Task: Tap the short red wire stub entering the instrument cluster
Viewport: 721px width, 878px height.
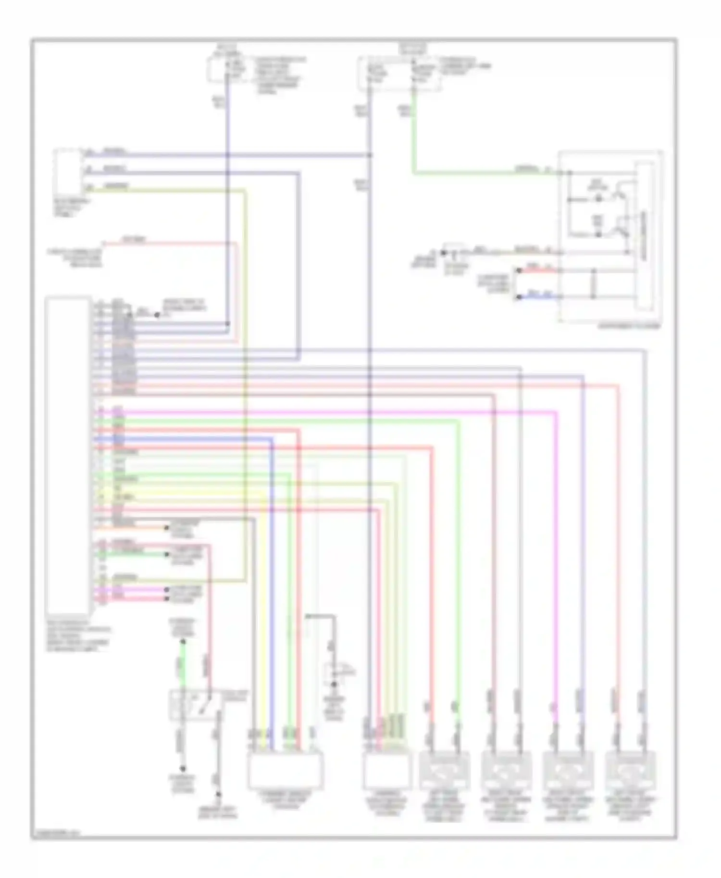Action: point(538,270)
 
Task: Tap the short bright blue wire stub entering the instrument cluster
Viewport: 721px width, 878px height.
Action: point(538,296)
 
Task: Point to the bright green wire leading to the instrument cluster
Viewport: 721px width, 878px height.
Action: point(481,172)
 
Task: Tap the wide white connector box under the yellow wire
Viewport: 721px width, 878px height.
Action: point(286,770)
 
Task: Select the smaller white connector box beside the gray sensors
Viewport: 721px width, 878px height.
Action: point(387,770)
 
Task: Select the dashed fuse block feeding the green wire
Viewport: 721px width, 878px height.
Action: point(399,73)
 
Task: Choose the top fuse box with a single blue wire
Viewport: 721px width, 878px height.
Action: point(226,70)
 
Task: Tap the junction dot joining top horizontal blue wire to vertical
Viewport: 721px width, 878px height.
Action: point(370,155)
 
